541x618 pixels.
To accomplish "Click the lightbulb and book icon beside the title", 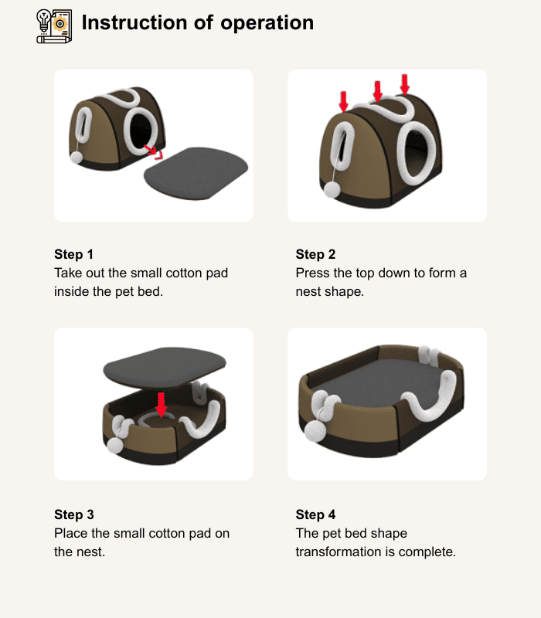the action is (x=54, y=26).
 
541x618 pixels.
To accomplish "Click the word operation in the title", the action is (x=267, y=23).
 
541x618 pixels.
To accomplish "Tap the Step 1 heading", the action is (x=73, y=254).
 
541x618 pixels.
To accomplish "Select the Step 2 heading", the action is (x=315, y=254).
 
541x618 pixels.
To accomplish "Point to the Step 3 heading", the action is (x=74, y=514).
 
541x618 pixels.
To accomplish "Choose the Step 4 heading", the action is (x=315, y=514).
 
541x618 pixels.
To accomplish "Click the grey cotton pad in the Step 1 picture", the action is (x=196, y=173).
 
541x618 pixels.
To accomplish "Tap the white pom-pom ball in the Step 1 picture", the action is (x=76, y=158).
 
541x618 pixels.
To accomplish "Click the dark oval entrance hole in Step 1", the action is (x=141, y=130).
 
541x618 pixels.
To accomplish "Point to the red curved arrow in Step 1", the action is (x=153, y=151).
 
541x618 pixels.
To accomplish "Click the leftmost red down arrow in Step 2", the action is (x=343, y=102).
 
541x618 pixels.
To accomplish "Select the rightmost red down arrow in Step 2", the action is (x=404, y=84).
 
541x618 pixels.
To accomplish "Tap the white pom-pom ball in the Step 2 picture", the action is (x=332, y=190).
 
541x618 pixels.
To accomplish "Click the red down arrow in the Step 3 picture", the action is (x=162, y=405).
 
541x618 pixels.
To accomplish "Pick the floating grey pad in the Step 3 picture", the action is (x=165, y=367).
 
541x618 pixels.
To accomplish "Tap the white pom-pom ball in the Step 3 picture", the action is (x=114, y=446).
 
